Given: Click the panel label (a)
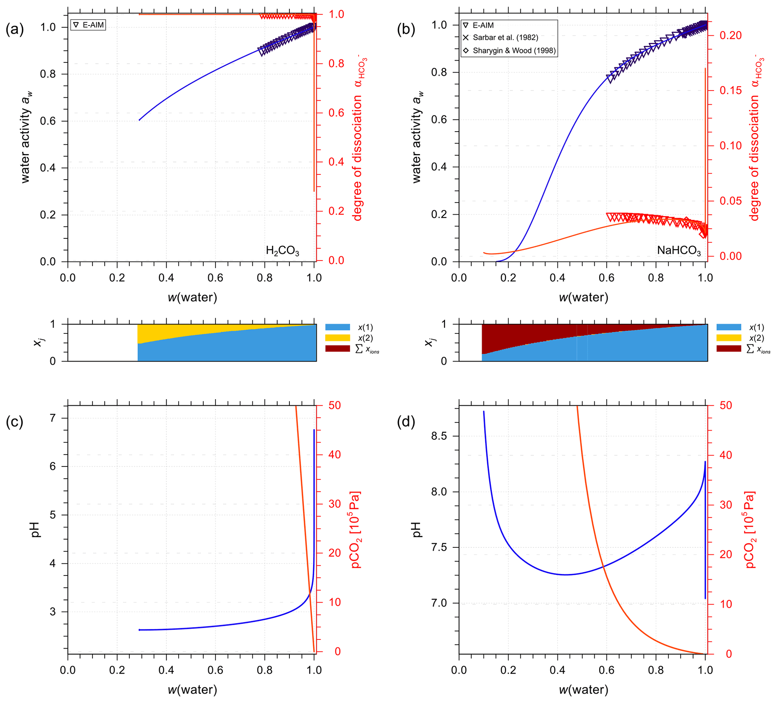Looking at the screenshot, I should click(15, 30).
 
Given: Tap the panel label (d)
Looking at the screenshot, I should click(406, 423).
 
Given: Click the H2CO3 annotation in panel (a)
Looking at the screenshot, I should click(283, 251).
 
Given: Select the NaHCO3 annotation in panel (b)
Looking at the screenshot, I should click(679, 250).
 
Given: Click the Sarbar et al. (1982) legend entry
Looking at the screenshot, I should click(505, 37).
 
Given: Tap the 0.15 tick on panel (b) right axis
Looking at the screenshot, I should click(731, 91).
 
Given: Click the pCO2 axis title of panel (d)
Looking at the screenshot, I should click(751, 530).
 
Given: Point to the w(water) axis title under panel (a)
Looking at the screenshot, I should click(192, 297).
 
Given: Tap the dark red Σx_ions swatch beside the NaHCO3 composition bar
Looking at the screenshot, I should click(729, 348).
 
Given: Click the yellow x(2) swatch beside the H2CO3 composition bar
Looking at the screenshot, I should click(337, 338).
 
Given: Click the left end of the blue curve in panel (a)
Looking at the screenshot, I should click(139, 120).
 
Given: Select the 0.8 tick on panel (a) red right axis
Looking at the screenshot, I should click(336, 64).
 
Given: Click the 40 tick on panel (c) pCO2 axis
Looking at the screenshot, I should click(335, 455).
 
